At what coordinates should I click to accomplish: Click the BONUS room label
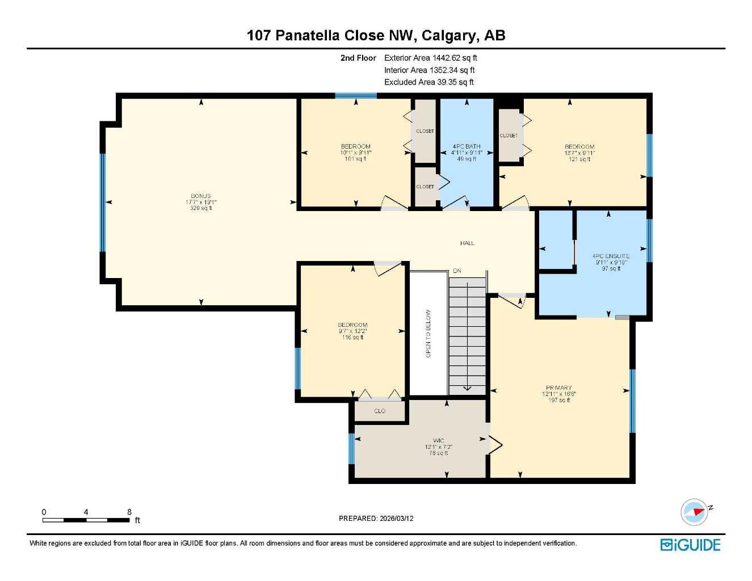201,196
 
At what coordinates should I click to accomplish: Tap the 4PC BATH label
467,146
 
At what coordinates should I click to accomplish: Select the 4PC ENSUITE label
611,256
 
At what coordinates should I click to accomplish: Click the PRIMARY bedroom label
559,388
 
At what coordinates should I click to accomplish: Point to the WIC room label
438,441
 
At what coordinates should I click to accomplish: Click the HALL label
467,243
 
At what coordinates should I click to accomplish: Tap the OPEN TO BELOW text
428,333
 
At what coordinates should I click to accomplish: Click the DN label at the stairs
457,271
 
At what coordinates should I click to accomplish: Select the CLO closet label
380,411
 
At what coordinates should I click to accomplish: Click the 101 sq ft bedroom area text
355,159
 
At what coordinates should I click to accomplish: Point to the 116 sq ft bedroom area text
352,338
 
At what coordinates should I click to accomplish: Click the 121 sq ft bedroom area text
579,159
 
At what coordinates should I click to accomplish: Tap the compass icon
695,512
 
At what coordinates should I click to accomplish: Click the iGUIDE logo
690,545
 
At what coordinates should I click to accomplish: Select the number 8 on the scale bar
129,512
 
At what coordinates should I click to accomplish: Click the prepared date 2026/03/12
396,519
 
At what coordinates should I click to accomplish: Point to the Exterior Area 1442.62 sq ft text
431,58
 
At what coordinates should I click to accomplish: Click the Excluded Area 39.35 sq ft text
428,82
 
